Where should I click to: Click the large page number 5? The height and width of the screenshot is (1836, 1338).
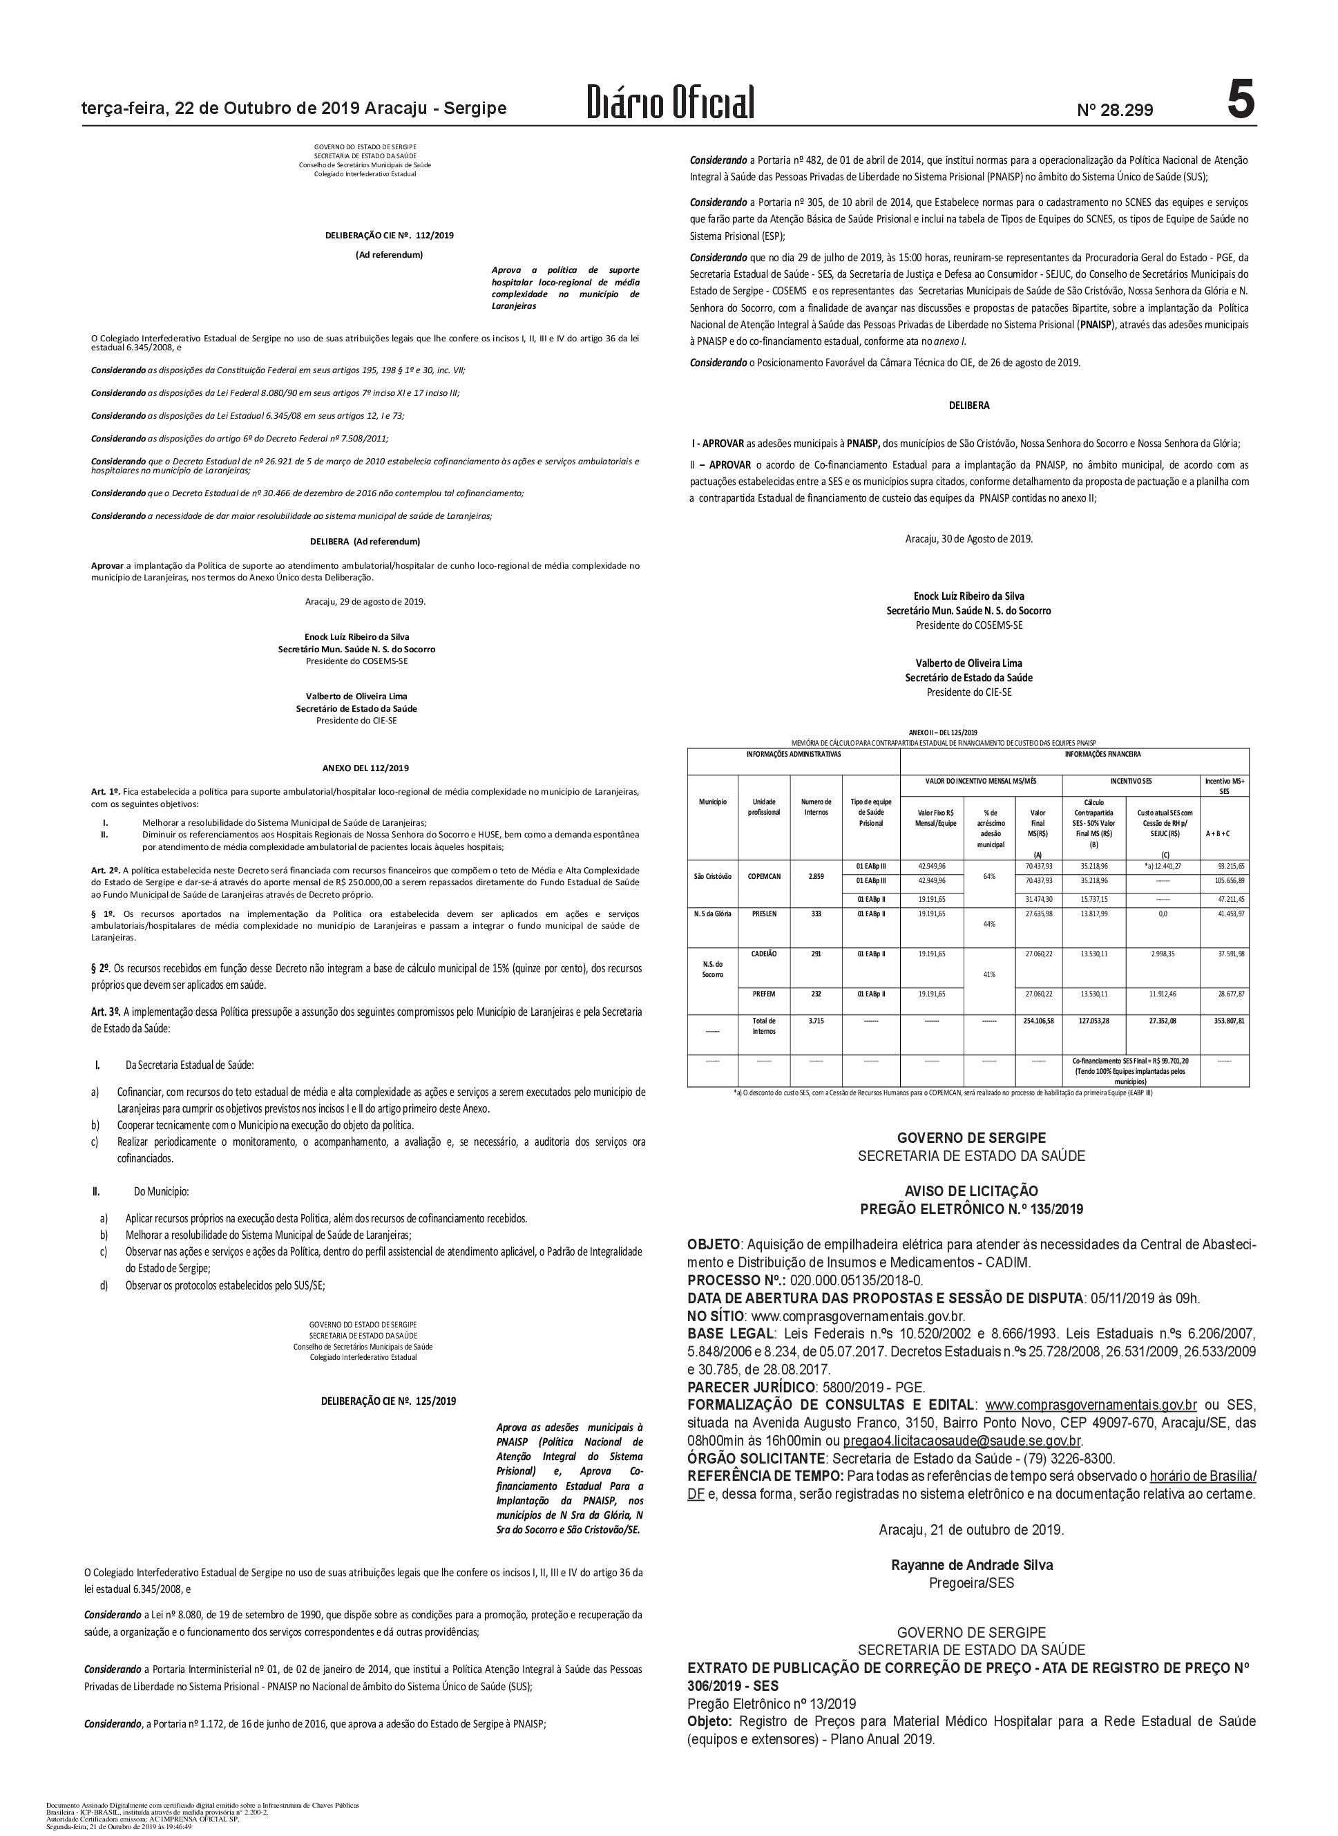[1240, 102]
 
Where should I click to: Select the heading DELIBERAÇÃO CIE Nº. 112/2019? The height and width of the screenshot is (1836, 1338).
[390, 236]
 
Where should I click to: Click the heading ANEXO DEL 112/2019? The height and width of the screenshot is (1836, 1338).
[365, 768]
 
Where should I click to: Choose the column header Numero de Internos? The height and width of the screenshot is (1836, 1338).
[816, 806]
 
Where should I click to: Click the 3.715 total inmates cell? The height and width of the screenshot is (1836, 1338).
[816, 1021]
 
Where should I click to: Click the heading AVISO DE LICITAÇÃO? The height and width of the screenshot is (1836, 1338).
[971, 1191]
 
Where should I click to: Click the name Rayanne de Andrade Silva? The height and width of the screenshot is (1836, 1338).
[971, 1565]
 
